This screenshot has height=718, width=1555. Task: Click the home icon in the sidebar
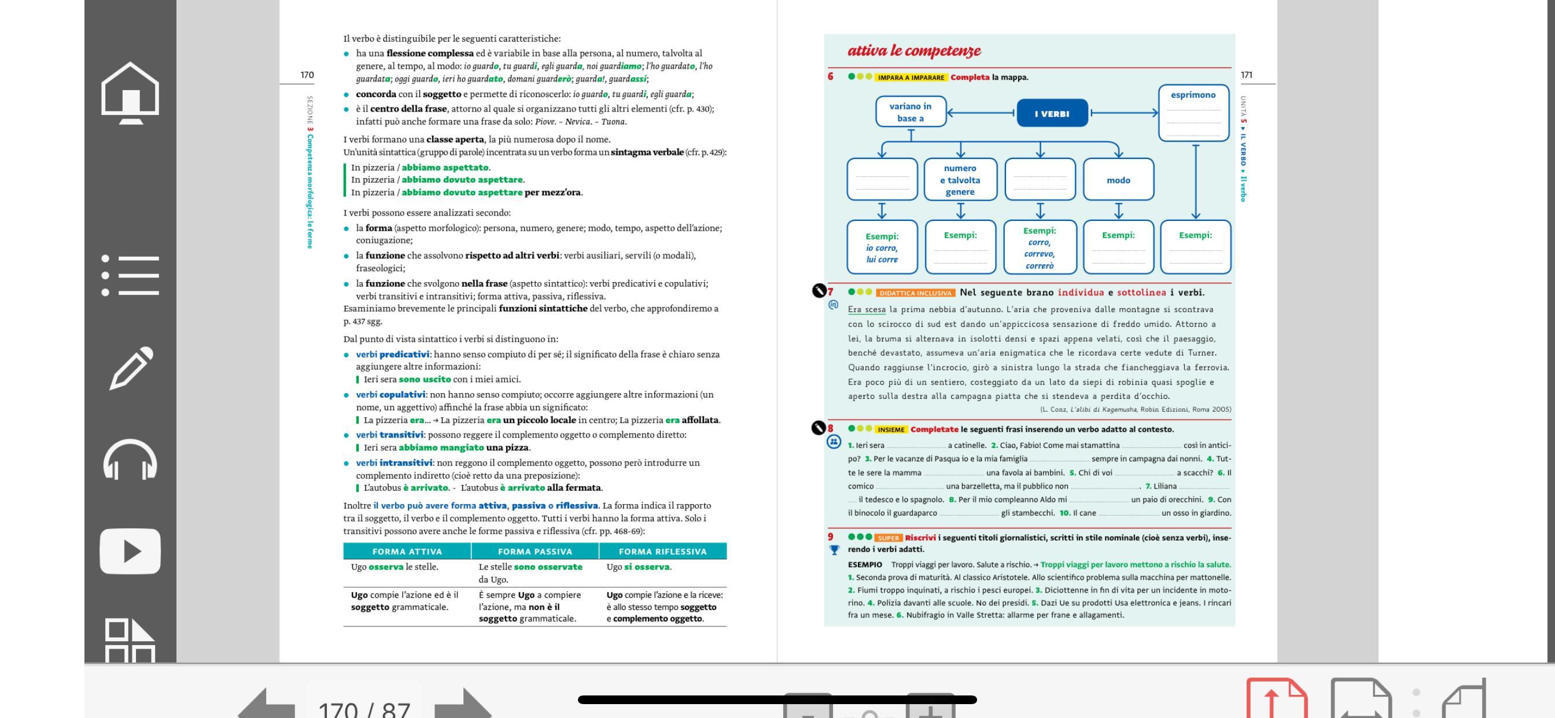[x=130, y=92]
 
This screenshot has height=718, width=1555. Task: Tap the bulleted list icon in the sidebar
[x=130, y=275]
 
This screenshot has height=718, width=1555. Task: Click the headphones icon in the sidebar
[x=130, y=460]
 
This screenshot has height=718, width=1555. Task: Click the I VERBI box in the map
[x=1052, y=113]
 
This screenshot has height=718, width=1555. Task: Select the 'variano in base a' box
[x=910, y=112]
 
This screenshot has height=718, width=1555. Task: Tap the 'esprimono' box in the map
[x=1193, y=113]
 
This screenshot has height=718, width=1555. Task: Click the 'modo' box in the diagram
[x=1118, y=180]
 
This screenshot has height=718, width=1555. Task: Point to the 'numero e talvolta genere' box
[x=960, y=180]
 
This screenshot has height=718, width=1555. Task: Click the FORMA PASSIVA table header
[x=535, y=552]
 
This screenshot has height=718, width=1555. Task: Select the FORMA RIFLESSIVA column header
[x=662, y=552]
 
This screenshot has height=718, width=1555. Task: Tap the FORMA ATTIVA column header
[x=407, y=552]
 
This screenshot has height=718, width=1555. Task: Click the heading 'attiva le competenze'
[x=914, y=51]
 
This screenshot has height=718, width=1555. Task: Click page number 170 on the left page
[x=307, y=75]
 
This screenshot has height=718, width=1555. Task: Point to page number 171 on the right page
[x=1246, y=75]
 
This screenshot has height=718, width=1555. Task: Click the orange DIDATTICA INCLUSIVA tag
[x=915, y=293]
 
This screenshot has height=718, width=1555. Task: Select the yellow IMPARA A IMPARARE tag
[x=911, y=77]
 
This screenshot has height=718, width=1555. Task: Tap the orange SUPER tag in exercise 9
[x=888, y=538]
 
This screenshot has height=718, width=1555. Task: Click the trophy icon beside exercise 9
[x=834, y=550]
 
